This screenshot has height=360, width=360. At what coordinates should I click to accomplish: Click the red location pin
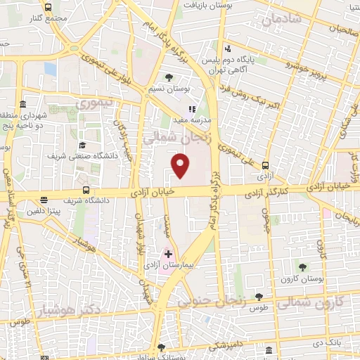(x=181, y=165)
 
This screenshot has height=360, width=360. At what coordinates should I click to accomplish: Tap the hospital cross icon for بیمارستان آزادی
(x=168, y=253)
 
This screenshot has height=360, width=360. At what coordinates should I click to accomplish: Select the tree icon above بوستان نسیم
(x=167, y=77)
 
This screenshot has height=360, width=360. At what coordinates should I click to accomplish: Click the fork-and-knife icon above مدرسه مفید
(x=191, y=110)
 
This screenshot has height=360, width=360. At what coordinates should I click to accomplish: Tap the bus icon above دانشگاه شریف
(x=86, y=190)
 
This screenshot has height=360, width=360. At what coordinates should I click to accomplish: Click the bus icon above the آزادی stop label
(x=265, y=166)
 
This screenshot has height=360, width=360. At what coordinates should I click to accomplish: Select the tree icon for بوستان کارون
(x=303, y=267)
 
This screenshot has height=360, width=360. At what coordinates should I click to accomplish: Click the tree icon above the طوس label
(x=259, y=297)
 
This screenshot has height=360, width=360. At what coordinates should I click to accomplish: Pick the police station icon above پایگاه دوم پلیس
(x=227, y=49)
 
